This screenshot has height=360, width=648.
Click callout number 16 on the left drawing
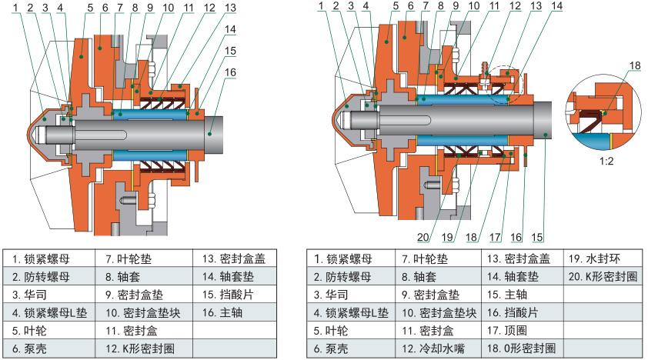[230, 72]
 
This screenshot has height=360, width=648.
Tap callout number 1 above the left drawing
[16, 7]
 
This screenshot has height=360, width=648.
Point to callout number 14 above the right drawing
[556, 5]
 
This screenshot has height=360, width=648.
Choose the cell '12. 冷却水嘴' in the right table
[434, 348]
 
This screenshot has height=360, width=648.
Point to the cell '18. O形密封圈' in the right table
[522, 348]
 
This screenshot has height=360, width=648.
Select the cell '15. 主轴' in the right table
[506, 294]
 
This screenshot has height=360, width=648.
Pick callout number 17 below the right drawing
[496, 236]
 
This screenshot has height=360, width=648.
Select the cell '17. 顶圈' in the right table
[506, 330]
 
